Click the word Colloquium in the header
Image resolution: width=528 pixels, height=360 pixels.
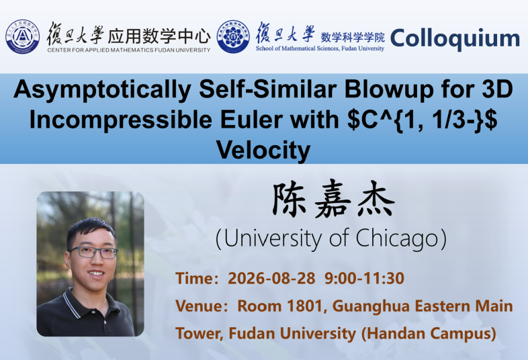tap(455, 39)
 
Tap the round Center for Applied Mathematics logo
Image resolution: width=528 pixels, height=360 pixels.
tap(23, 36)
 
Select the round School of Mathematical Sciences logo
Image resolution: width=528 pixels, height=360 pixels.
tap(233, 36)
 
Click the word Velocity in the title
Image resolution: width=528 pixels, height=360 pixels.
tap(263, 150)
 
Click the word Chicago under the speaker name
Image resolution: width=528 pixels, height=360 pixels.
tap(398, 238)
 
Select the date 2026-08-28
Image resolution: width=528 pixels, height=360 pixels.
tap(271, 279)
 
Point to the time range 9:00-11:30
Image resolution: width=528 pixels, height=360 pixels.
tap(364, 279)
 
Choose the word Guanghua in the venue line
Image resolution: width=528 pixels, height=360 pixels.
tap(371, 307)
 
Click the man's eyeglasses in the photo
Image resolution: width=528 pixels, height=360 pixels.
tap(94, 253)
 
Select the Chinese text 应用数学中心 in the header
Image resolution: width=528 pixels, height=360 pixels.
tap(159, 36)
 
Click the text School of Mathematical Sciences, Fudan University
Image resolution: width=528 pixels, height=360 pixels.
tap(320, 48)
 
